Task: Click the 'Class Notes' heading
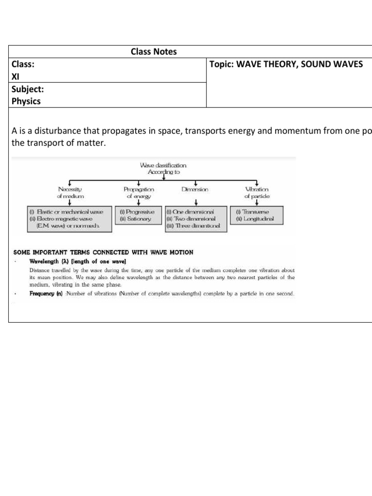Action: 154,52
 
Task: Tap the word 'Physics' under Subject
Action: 26,101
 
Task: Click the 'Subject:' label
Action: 28,89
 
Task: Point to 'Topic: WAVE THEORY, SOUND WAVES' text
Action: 286,64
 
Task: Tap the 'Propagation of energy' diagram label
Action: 139,193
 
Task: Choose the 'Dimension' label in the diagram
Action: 195,189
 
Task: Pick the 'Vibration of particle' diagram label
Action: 257,193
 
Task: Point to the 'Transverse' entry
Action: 253,212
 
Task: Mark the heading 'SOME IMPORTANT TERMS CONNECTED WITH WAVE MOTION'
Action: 103,252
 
